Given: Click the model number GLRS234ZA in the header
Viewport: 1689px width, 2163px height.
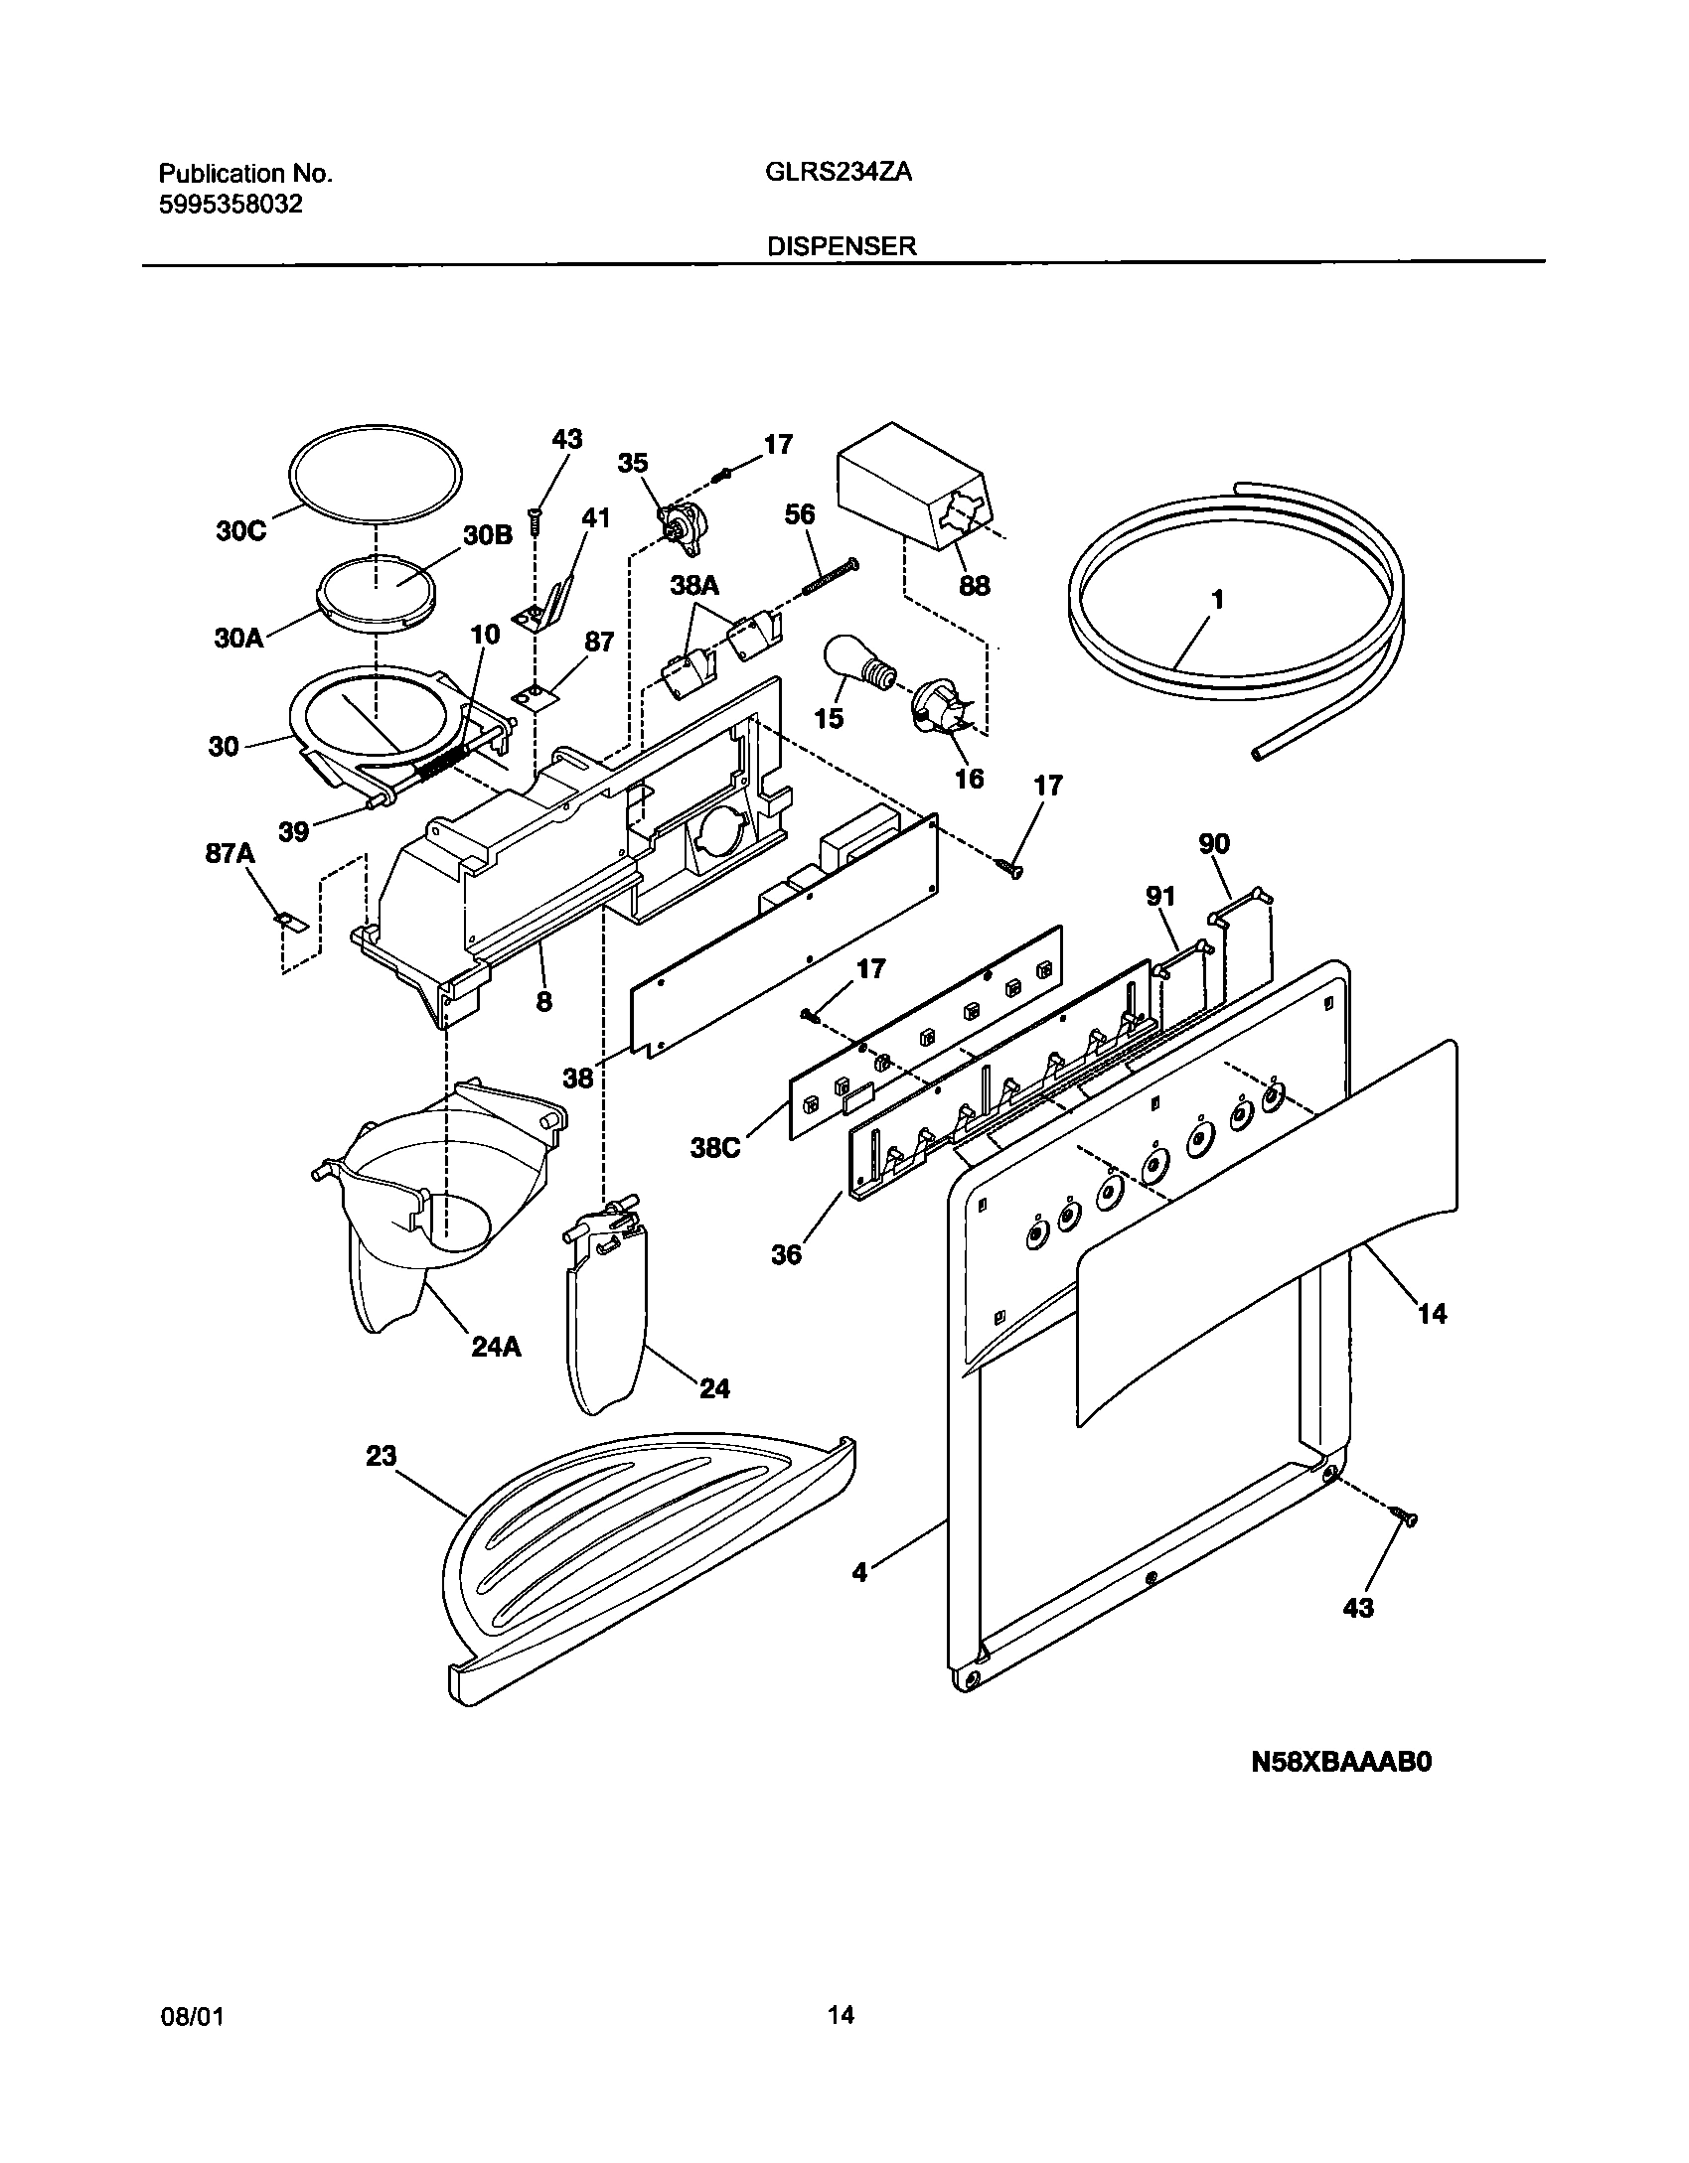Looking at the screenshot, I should [839, 173].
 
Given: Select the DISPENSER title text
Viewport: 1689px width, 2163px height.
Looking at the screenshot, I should [841, 246].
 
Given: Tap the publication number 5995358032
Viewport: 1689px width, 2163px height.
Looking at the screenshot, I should [230, 205].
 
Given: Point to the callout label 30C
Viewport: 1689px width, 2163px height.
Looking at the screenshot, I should [240, 531].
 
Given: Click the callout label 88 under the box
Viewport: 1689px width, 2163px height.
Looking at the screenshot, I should [974, 586].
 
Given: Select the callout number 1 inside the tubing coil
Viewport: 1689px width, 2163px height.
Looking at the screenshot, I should [1217, 600].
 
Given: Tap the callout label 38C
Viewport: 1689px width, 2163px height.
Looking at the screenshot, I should [715, 1149].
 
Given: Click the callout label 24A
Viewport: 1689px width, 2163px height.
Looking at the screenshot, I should [496, 1348].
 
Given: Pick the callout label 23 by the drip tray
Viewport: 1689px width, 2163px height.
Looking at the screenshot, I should [381, 1456].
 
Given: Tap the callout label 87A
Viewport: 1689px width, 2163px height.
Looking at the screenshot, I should [230, 854].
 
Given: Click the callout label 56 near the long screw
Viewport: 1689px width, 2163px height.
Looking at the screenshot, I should [799, 514].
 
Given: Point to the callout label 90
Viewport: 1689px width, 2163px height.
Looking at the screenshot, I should [1214, 843].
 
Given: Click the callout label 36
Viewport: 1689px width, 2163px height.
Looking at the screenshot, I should [786, 1255].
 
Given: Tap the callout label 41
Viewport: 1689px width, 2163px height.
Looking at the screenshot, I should [595, 517].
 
